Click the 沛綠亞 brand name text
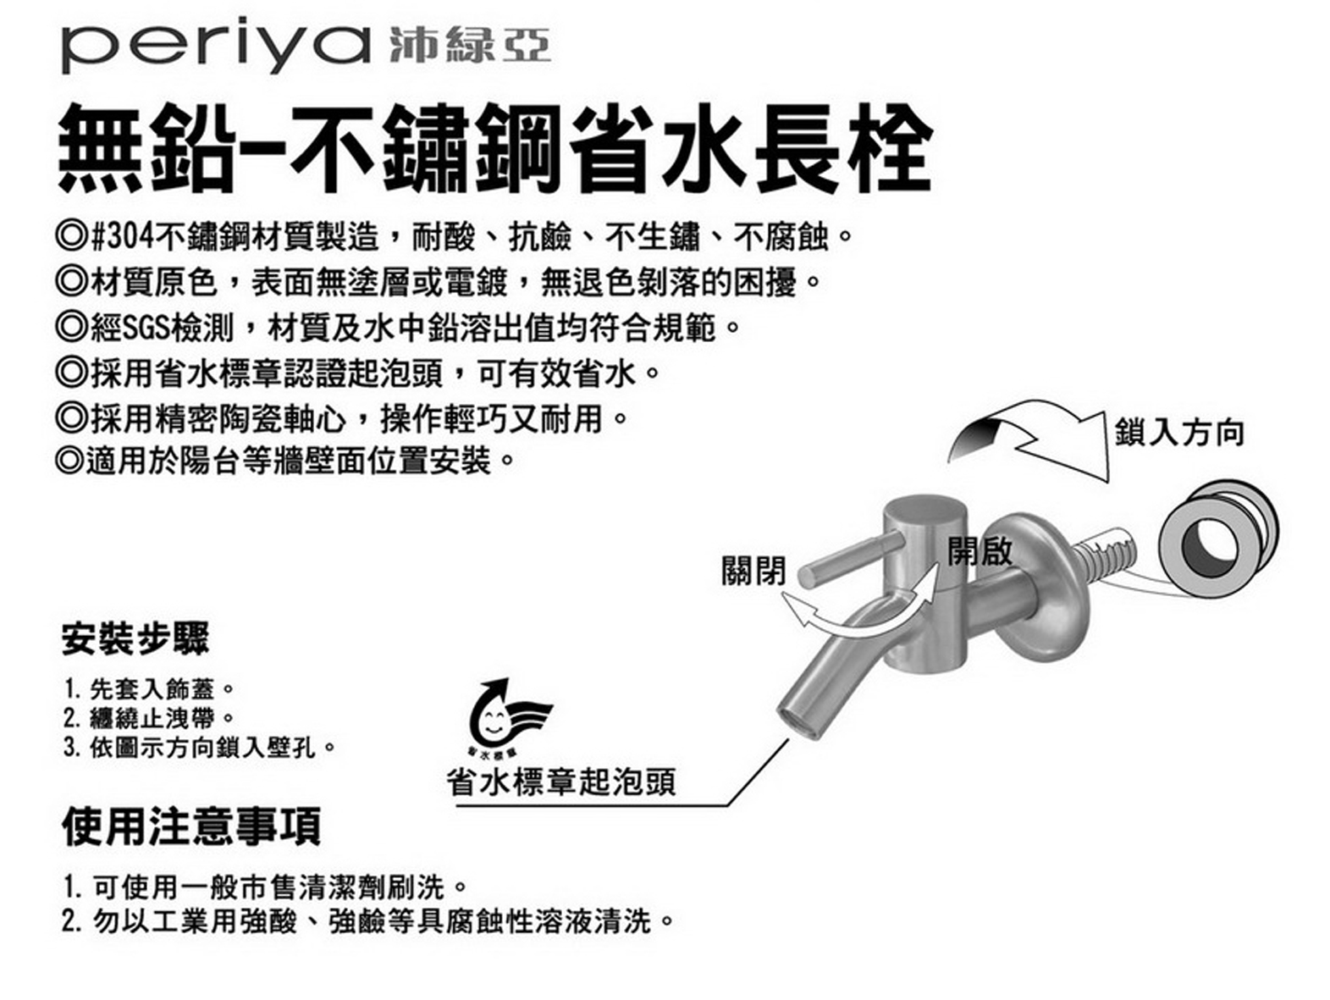[x=470, y=46]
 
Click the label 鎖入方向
[x=1179, y=433]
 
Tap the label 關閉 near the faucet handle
[x=753, y=571]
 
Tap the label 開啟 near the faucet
[x=980, y=550]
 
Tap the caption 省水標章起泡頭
[x=560, y=781]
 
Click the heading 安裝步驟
[x=135, y=638]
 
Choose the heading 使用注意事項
[x=191, y=826]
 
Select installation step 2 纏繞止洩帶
[x=148, y=719]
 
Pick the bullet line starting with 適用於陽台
[x=284, y=461]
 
